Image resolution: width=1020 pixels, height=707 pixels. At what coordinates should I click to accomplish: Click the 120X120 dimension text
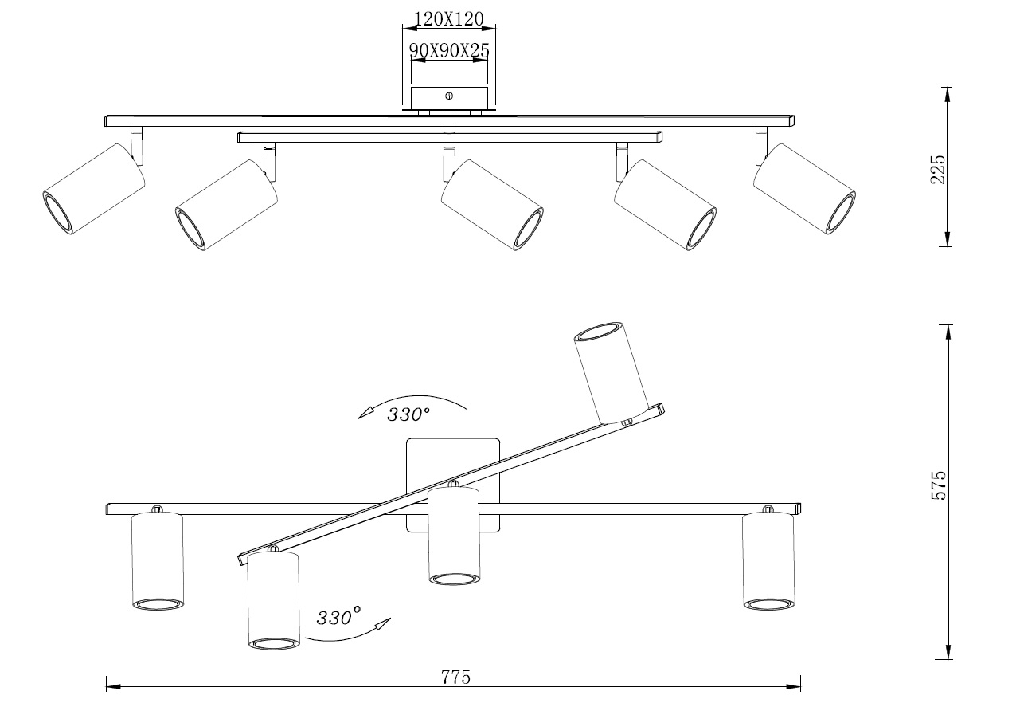point(448,18)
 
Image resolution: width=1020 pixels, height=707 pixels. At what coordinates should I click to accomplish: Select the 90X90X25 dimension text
point(449,50)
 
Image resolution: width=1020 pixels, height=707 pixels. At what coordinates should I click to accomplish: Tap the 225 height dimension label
point(937,169)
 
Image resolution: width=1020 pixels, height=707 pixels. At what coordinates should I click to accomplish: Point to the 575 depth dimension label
point(938,485)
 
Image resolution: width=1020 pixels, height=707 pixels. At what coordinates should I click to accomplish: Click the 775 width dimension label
point(455,677)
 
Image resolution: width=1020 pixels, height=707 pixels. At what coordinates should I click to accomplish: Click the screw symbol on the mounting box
point(449,96)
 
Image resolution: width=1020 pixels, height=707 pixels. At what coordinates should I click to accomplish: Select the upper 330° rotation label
point(408,414)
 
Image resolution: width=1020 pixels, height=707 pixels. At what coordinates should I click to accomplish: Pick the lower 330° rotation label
point(338,617)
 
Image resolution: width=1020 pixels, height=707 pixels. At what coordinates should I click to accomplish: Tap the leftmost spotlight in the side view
point(93,189)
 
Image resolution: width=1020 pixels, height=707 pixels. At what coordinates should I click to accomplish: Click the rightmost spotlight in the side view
point(805,189)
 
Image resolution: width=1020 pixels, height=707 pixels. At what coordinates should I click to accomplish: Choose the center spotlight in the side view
point(492,205)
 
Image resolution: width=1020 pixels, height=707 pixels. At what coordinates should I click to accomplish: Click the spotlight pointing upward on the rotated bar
point(612,373)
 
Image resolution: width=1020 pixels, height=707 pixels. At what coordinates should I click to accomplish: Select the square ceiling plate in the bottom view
point(453,485)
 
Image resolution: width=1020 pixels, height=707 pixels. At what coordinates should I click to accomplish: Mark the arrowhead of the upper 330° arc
point(365,413)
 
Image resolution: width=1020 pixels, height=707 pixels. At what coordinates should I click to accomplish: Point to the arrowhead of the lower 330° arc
point(383,623)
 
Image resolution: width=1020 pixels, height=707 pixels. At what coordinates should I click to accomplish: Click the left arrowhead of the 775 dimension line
point(113,686)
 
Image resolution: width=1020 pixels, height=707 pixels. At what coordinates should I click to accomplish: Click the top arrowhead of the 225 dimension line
point(948,94)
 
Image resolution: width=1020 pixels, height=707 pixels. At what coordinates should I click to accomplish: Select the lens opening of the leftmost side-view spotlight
point(57,213)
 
